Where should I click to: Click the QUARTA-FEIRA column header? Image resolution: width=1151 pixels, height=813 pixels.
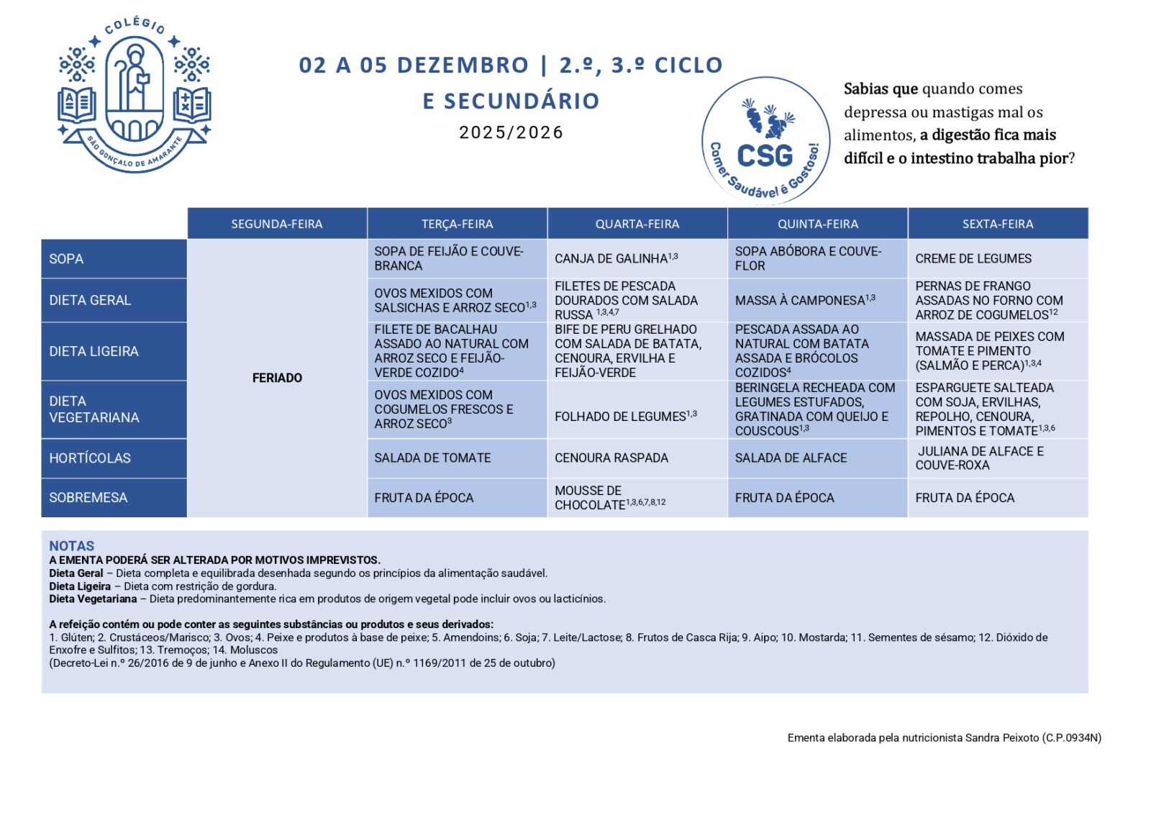pyautogui.click(x=637, y=224)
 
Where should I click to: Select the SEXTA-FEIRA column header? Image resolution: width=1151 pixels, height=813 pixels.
pyautogui.click(x=998, y=224)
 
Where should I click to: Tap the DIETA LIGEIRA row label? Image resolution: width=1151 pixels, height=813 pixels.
pyautogui.click(x=94, y=351)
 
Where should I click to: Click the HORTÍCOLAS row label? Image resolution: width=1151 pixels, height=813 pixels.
pyautogui.click(x=90, y=458)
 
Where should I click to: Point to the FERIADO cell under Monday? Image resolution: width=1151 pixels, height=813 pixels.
pyautogui.click(x=277, y=378)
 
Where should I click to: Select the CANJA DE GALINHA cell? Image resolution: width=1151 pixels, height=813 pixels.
pyautogui.click(x=616, y=258)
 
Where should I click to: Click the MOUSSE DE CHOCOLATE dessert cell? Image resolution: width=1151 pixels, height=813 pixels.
pyautogui.click(x=609, y=498)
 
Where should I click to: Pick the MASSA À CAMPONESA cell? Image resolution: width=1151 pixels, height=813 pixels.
pyautogui.click(x=805, y=300)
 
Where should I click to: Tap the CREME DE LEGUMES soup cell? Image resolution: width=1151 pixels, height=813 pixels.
pyautogui.click(x=973, y=258)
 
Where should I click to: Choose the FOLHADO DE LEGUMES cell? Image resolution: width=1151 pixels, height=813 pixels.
pyautogui.click(x=625, y=416)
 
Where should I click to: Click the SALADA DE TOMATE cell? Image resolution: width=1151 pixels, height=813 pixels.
pyautogui.click(x=432, y=458)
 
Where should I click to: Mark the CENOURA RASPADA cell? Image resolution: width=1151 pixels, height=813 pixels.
pyautogui.click(x=611, y=458)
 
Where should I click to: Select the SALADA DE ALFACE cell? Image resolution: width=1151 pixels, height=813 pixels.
pyautogui.click(x=791, y=458)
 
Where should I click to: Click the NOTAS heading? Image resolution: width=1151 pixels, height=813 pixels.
pyautogui.click(x=71, y=545)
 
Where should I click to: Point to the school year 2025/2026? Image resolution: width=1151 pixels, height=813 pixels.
pyautogui.click(x=511, y=132)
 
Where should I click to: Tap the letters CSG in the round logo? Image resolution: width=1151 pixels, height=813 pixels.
pyautogui.click(x=765, y=155)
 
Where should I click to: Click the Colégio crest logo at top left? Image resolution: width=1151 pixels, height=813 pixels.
pyautogui.click(x=134, y=95)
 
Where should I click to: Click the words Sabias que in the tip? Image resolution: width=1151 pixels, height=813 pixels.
pyautogui.click(x=881, y=88)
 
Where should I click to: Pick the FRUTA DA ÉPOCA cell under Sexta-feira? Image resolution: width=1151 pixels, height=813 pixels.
pyautogui.click(x=965, y=498)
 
